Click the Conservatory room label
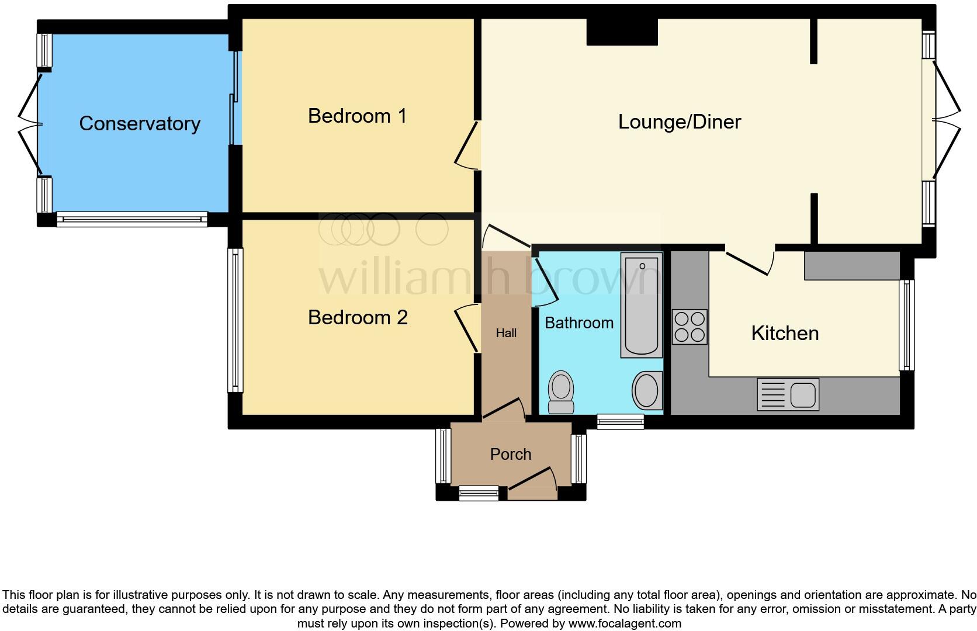[x=140, y=123]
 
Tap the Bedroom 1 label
[x=357, y=116]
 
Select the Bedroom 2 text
[x=357, y=317]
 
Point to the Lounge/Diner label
[x=679, y=122]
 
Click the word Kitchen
[x=784, y=333]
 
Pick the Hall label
[x=506, y=333]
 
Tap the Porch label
[x=510, y=454]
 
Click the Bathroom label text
[x=578, y=323]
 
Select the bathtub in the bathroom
[x=641, y=305]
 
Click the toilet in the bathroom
[x=562, y=392]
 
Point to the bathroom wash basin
[x=646, y=391]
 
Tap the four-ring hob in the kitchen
[x=689, y=327]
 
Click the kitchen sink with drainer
[x=788, y=394]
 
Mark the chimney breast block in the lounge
[x=622, y=32]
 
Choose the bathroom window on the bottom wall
[x=620, y=422]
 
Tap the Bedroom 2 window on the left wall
[x=235, y=320]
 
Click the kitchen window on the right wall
[x=906, y=325]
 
